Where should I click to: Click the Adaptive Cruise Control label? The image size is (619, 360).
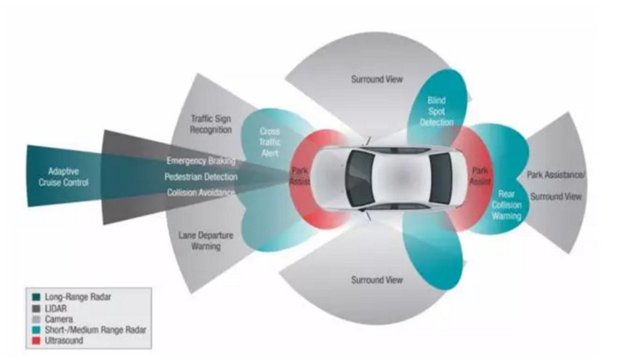[63, 177]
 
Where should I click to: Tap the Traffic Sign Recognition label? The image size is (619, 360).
[210, 124]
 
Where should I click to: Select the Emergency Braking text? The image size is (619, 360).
[201, 161]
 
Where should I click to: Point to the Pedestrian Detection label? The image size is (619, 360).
[201, 177]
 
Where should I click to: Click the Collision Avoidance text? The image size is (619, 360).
[201, 193]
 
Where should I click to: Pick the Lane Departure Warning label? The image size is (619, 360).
[206, 241]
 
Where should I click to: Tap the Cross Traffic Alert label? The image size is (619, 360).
[270, 142]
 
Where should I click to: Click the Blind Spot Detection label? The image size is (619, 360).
[437, 111]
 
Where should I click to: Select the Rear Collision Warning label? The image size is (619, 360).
[507, 205]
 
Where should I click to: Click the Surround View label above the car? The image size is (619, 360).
[377, 80]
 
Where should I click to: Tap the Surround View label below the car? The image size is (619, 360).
[377, 280]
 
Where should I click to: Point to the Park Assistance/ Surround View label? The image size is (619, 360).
[556, 186]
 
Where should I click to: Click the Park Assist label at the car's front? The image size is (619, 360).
[300, 176]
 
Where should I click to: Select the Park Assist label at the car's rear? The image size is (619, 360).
[480, 176]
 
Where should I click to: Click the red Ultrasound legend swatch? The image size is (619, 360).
[36, 341]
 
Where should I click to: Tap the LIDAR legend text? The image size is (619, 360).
[56, 309]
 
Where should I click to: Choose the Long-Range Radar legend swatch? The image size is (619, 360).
[36, 297]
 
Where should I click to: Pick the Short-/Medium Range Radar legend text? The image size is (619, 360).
[96, 330]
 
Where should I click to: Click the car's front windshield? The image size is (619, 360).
[360, 179]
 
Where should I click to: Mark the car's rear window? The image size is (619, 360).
[441, 179]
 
